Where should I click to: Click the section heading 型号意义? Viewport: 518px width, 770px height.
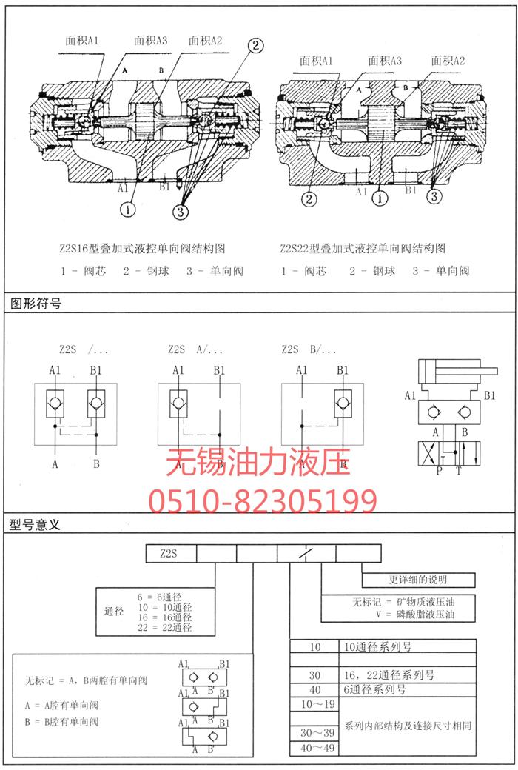coord(36,524)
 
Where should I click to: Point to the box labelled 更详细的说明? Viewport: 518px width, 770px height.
coord(417,580)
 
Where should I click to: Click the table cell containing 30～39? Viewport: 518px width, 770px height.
coord(315,731)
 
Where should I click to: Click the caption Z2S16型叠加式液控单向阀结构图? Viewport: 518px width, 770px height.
coord(141,249)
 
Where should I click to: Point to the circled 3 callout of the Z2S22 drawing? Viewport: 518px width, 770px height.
coord(435,196)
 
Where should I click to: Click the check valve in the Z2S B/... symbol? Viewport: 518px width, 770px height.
coord(343,404)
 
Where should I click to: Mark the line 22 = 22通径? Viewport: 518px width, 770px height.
coord(165,628)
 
